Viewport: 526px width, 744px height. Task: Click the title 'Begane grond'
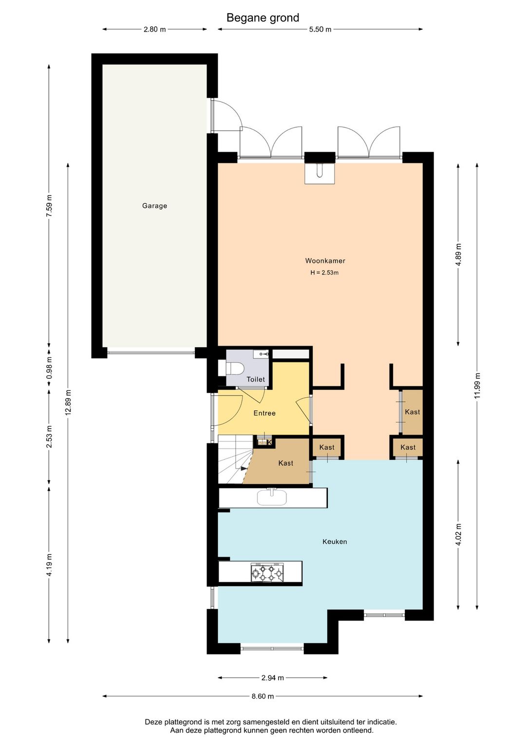263,18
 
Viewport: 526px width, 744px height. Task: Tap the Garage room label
154,206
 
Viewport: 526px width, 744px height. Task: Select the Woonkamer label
325,261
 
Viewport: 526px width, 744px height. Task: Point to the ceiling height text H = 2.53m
324,273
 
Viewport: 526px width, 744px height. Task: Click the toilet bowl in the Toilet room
235,369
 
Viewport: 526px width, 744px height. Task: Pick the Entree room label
264,413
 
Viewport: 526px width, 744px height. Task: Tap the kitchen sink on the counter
272,497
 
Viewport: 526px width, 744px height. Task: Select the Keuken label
335,542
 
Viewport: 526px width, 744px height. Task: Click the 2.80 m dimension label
155,29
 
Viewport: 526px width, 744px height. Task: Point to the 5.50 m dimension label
320,29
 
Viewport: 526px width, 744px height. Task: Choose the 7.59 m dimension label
49,206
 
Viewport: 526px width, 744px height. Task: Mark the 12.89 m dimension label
68,402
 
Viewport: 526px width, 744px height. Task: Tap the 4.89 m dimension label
458,255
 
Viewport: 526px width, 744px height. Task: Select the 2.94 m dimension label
272,678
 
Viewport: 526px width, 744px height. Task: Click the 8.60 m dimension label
263,696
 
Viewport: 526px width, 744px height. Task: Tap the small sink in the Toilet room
261,354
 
